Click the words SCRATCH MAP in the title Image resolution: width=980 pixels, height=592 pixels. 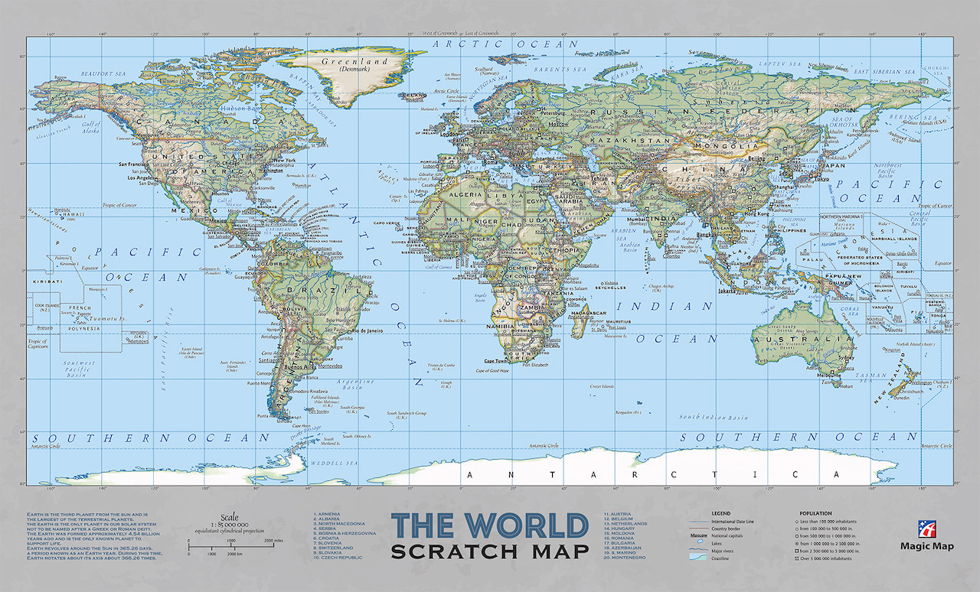490,551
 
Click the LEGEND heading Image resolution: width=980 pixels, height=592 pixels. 721,513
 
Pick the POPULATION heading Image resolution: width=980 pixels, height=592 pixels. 815,513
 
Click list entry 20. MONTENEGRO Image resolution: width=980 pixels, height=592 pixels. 626,558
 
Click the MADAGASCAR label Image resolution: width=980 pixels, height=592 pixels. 589,313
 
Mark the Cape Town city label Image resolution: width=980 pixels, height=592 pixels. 495,360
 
